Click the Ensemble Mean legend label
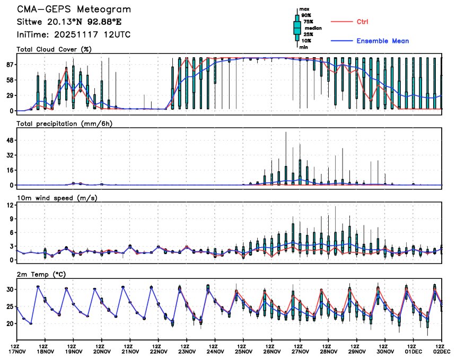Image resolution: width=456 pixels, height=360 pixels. (x=382, y=41)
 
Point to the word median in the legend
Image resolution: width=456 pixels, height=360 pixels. (x=309, y=29)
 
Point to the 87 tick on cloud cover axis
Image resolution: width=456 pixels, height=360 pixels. (x=10, y=64)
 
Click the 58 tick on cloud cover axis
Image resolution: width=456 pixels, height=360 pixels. (x=10, y=80)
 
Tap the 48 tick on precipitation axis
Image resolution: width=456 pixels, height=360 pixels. (x=10, y=140)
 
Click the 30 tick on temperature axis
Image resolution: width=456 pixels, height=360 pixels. (x=10, y=289)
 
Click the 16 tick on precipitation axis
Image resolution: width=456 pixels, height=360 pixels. (x=10, y=170)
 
